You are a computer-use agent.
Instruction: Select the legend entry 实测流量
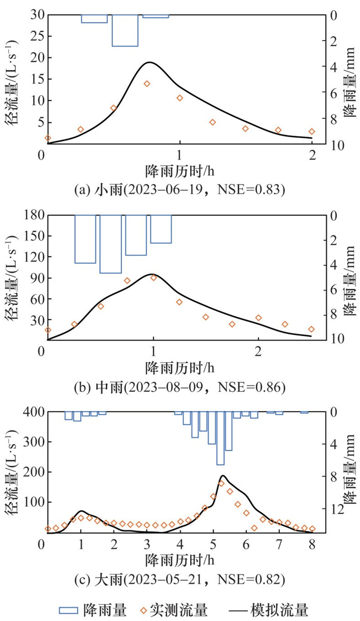pos(172,610)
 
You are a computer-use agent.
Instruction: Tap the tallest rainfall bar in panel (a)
pos(125,31)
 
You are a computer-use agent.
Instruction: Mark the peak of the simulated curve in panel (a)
pos(149,62)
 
